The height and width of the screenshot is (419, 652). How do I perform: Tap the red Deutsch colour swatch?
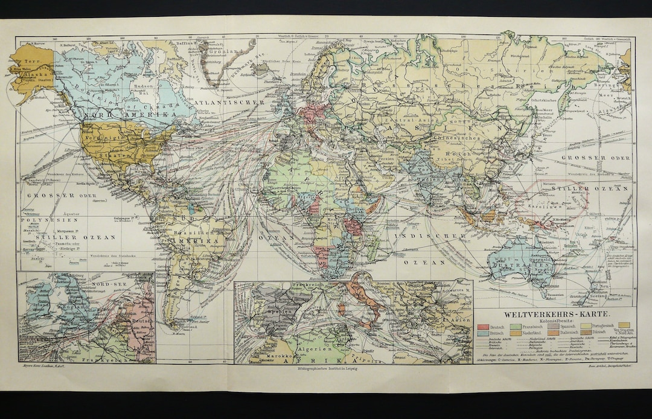(482, 326)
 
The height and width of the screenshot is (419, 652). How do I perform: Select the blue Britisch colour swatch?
(482, 333)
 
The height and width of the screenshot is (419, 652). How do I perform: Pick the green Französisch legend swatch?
(517, 326)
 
